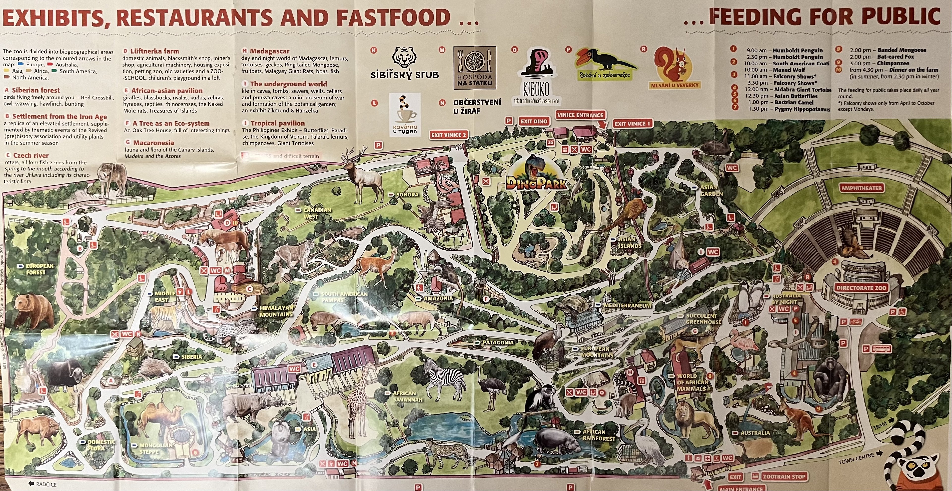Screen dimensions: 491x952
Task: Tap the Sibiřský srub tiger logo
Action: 404,63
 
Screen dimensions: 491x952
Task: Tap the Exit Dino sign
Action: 534,121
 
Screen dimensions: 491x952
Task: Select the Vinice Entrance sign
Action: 580,115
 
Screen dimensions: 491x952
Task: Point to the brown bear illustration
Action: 33,311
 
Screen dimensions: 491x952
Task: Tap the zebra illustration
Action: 444,377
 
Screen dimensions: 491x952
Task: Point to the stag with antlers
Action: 362,177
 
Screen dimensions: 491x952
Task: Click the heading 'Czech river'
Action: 31,155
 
